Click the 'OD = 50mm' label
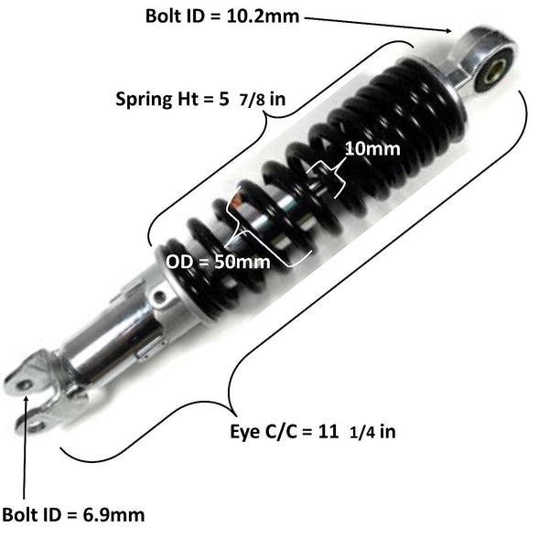(218, 261)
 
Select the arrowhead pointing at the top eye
(450, 30)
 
